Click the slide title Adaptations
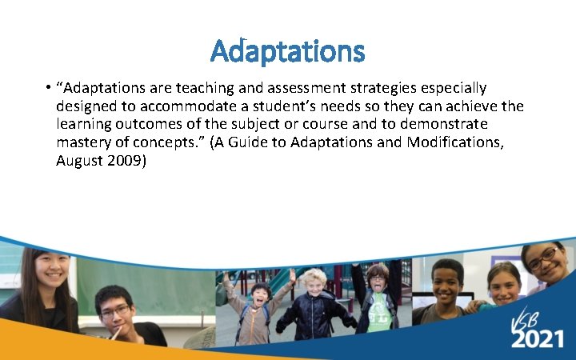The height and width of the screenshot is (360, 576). coord(287,52)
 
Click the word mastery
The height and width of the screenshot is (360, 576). coord(82,143)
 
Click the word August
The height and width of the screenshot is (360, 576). coord(78,161)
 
